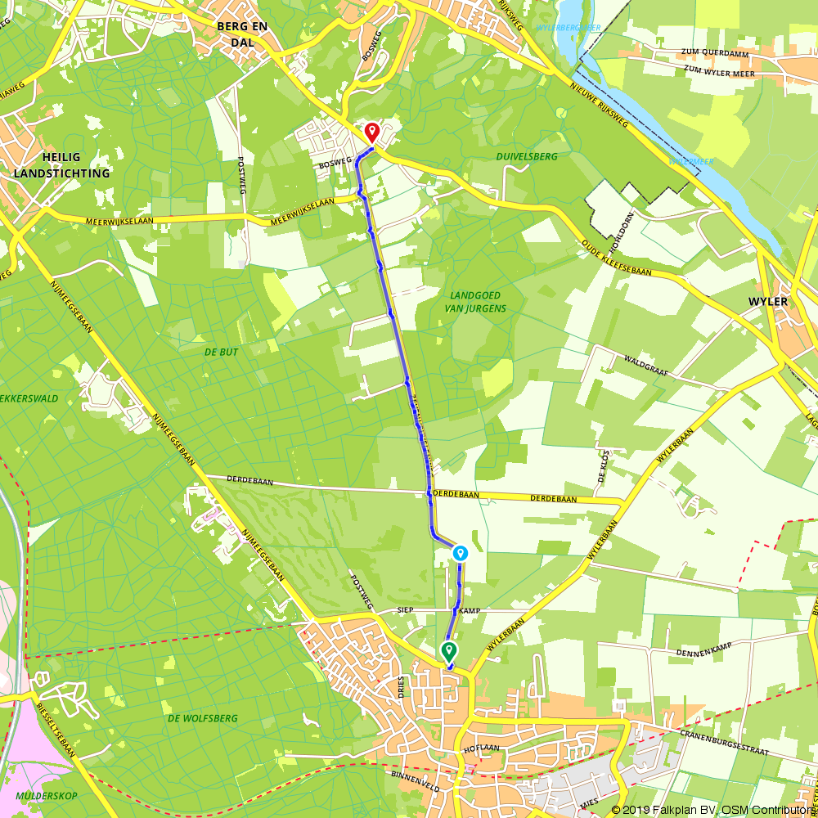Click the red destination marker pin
[x=371, y=132]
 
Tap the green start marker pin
[x=449, y=651]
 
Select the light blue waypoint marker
[x=461, y=553]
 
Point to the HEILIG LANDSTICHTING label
[x=61, y=166]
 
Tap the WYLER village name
[x=767, y=302]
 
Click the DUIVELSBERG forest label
[x=526, y=155]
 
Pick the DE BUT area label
[x=220, y=353]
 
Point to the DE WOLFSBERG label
[x=202, y=718]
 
